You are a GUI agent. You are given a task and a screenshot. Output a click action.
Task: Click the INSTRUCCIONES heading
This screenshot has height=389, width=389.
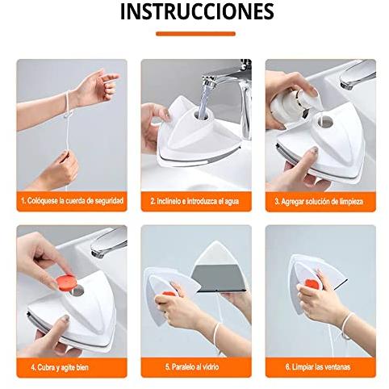tap(197, 11)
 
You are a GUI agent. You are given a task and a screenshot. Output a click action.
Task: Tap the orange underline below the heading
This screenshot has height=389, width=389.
tap(195, 34)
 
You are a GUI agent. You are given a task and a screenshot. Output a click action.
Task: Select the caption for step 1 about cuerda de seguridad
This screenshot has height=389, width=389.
tap(72, 201)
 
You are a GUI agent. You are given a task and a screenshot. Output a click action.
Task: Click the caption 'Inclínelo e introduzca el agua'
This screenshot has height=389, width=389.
tap(194, 201)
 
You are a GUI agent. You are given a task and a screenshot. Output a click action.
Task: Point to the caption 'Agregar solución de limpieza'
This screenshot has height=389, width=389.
tap(319, 202)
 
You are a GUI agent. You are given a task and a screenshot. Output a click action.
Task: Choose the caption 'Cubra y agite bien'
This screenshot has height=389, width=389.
tap(60, 367)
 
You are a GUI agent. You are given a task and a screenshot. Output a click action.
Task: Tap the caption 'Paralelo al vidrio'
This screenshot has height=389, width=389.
tap(192, 366)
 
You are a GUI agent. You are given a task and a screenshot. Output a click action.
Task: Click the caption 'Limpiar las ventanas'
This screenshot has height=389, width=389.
tap(318, 367)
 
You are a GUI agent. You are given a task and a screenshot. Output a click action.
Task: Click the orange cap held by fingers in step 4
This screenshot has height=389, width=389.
tap(66, 282)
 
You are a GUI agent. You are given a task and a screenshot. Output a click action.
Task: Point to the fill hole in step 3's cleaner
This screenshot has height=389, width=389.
tap(325, 122)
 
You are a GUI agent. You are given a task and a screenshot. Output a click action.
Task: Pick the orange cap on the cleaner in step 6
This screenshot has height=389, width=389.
tap(312, 284)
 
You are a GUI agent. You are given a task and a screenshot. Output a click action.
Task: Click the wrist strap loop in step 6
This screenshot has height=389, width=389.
tap(345, 325)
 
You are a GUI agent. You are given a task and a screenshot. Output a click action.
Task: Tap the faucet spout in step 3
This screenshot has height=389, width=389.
tap(358, 74)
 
